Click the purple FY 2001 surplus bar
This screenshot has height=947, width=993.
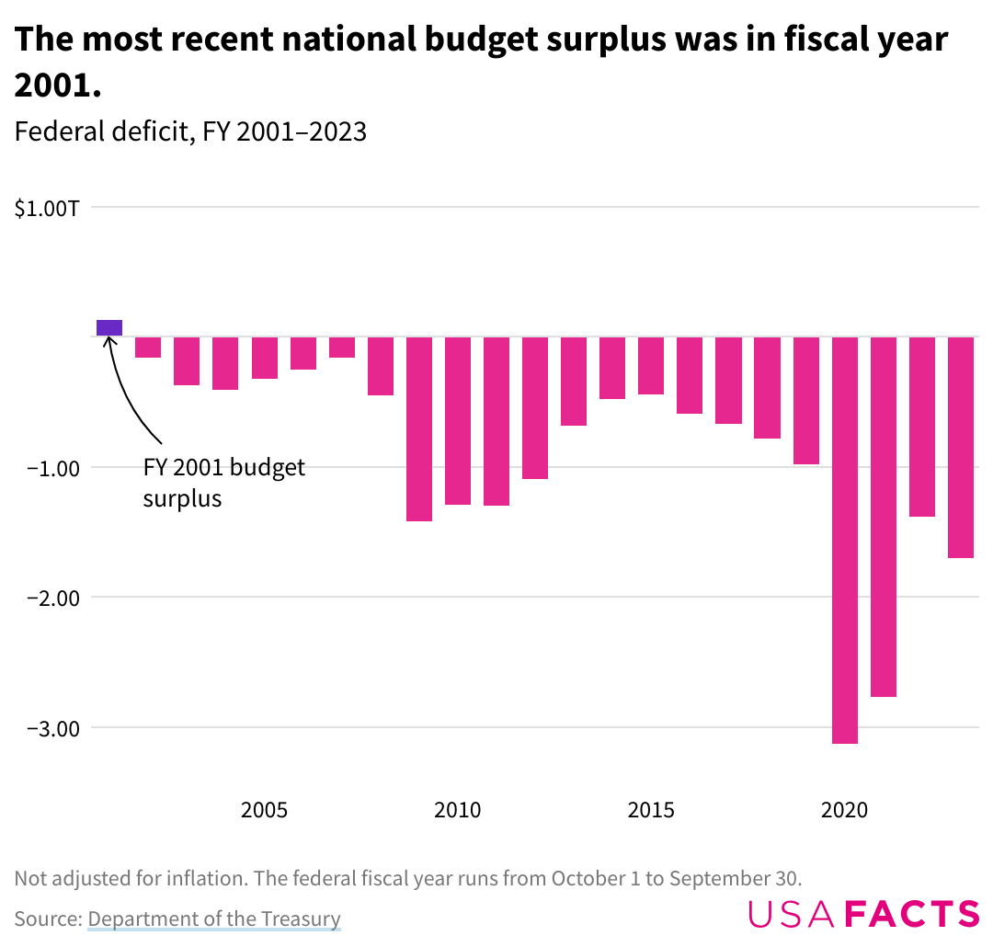[x=109, y=328]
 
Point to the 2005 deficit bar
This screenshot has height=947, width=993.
[x=265, y=358]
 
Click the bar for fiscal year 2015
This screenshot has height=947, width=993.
[x=651, y=365]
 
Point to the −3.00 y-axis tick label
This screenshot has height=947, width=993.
[x=46, y=728]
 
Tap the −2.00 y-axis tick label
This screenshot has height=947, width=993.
[x=46, y=598]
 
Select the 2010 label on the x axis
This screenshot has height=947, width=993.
[x=458, y=810]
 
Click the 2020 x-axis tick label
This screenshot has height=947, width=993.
[x=845, y=810]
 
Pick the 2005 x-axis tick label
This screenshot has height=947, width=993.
[x=265, y=810]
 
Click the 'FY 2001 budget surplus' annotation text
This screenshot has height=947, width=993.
[x=223, y=483]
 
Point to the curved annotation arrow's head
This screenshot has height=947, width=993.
[x=109, y=342]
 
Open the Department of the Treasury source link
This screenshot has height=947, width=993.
[x=214, y=918]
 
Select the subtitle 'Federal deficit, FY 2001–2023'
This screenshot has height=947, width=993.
[x=190, y=132]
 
